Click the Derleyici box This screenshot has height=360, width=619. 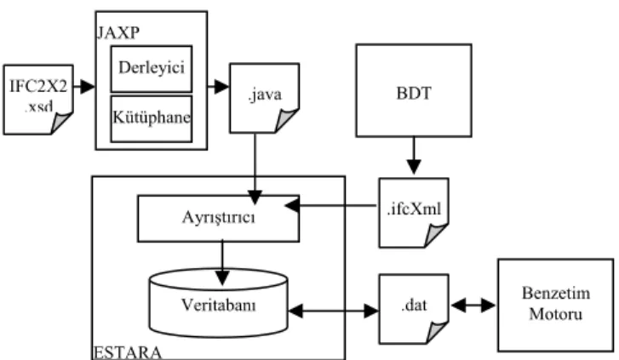[x=152, y=69]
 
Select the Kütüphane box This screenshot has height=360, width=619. [x=152, y=118]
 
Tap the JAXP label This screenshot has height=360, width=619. [x=118, y=32]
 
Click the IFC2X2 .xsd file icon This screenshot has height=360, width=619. [x=38, y=100]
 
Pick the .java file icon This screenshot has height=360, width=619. [x=265, y=98]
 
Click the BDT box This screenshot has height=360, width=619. [x=414, y=91]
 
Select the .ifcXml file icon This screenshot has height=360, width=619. [x=414, y=213]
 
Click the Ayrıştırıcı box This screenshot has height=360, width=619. [x=218, y=218]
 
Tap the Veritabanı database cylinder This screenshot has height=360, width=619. [x=218, y=303]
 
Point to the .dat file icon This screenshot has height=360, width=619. [x=414, y=309]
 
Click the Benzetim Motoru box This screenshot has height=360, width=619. [x=556, y=306]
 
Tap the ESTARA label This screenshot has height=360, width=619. [x=127, y=352]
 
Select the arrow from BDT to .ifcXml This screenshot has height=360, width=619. [x=414, y=156]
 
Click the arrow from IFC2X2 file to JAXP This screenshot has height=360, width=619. [x=84, y=86]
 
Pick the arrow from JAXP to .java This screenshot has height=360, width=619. [x=218, y=86]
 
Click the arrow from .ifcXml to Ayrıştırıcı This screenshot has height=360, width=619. [x=331, y=205]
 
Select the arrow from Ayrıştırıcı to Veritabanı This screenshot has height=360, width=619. [x=222, y=262]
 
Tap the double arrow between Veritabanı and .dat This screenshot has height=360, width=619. [x=334, y=311]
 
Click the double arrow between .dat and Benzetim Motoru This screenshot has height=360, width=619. [x=473, y=306]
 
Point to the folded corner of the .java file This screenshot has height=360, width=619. [x=285, y=120]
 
